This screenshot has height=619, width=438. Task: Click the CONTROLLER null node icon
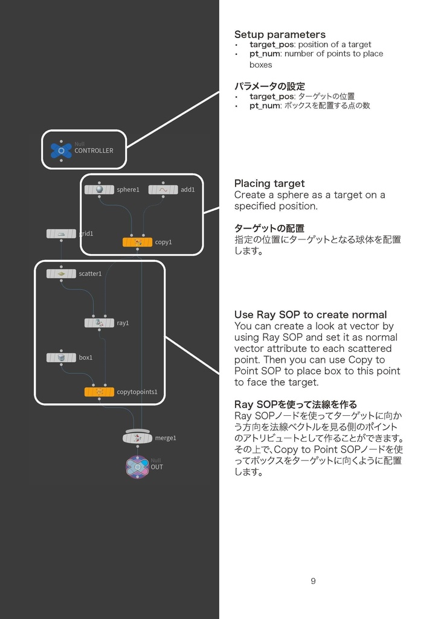click(x=61, y=150)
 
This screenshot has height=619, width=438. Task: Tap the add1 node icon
click(x=163, y=189)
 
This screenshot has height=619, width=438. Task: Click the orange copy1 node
click(x=137, y=242)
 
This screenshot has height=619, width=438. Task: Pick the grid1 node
click(x=61, y=233)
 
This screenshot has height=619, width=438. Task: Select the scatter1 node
click(x=61, y=273)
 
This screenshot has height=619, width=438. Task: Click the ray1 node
click(x=99, y=323)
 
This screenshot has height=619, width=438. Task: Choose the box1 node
click(x=61, y=357)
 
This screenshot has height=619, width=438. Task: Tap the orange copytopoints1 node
click(x=99, y=392)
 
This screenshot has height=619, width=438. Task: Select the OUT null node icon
click(x=137, y=466)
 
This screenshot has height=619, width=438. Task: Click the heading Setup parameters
click(x=280, y=34)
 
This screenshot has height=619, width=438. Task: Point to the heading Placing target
click(x=269, y=183)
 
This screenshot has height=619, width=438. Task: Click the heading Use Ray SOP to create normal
click(x=311, y=314)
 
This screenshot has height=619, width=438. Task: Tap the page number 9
click(x=313, y=582)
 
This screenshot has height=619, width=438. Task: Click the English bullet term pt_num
click(x=265, y=54)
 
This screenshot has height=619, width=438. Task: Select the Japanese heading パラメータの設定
click(x=269, y=86)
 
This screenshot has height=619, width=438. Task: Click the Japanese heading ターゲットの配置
click(x=269, y=228)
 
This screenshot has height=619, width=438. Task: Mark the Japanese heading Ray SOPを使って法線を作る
click(x=295, y=404)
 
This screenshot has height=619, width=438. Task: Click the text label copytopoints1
click(x=137, y=392)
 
